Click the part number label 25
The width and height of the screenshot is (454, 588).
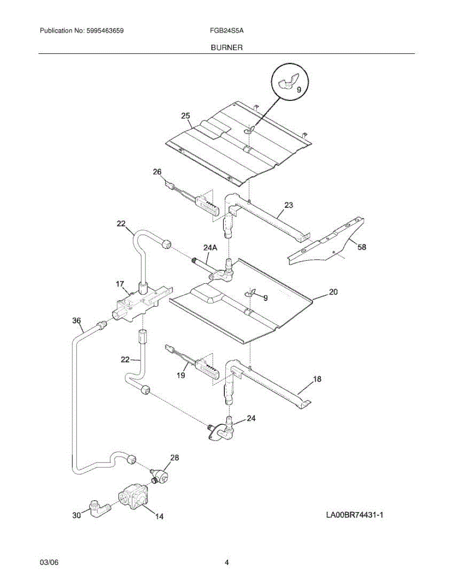click(185, 116)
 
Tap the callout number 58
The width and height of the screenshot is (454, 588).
click(361, 247)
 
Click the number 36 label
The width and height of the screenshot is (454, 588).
click(76, 320)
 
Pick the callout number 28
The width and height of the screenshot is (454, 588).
click(174, 458)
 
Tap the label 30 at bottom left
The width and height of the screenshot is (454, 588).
click(76, 515)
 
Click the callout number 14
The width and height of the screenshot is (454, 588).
click(160, 516)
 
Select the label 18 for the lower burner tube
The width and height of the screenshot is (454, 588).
click(318, 379)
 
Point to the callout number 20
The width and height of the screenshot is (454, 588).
click(333, 292)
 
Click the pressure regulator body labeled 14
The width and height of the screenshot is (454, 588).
click(133, 496)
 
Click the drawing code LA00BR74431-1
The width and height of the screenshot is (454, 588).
click(354, 515)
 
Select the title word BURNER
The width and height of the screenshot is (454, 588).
click(227, 48)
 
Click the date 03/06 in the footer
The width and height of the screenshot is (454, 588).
click(49, 563)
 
